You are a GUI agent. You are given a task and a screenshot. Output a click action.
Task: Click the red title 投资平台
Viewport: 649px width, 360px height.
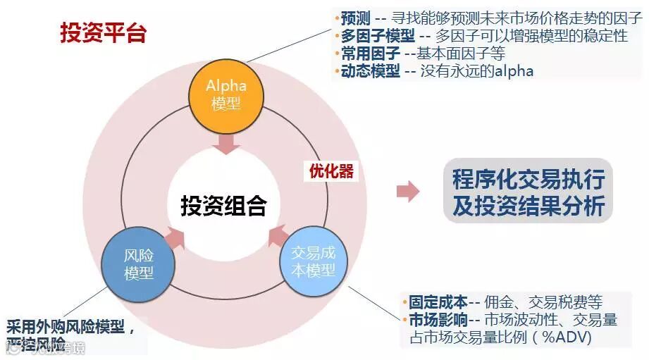(103, 33)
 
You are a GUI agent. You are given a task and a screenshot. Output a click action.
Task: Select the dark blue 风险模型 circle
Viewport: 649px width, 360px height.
(139, 264)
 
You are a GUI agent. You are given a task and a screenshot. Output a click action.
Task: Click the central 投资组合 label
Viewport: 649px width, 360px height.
(224, 206)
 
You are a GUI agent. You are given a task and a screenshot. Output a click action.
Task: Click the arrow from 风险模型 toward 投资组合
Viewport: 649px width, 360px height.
(174, 238)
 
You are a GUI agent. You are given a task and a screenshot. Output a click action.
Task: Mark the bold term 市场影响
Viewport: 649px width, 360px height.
(437, 321)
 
